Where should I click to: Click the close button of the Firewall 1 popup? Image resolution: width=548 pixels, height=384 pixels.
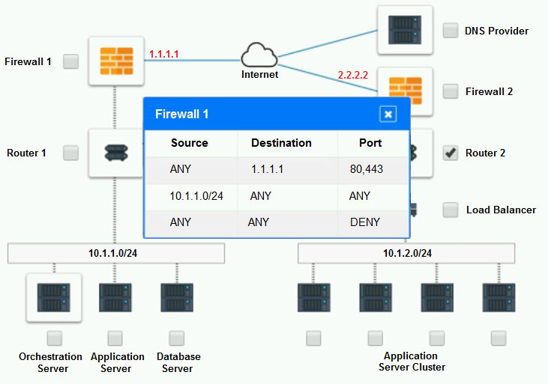388,114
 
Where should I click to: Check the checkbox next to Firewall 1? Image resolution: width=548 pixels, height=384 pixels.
70,61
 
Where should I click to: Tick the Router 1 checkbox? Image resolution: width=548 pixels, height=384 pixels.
70,153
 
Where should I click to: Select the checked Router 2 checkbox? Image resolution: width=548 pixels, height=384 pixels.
451,153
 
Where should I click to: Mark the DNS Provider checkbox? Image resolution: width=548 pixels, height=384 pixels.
451,31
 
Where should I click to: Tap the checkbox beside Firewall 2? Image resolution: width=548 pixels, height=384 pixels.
451,91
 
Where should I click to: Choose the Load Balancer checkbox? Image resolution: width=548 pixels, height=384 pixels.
451,210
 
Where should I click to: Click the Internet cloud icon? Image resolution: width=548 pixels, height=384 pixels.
259,56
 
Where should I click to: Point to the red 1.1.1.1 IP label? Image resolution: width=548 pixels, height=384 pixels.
163,54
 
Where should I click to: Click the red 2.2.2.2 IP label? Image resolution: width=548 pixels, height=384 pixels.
352,76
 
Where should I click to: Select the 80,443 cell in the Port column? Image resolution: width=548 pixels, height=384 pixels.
366,169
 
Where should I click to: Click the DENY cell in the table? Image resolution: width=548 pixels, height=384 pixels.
365,222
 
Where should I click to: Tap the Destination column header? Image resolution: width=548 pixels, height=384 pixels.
281,143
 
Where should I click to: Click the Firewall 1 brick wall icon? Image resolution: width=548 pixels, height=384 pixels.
115,61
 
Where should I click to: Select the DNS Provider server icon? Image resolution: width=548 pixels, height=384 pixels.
405,31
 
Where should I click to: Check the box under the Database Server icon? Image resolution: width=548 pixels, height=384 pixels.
177,338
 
